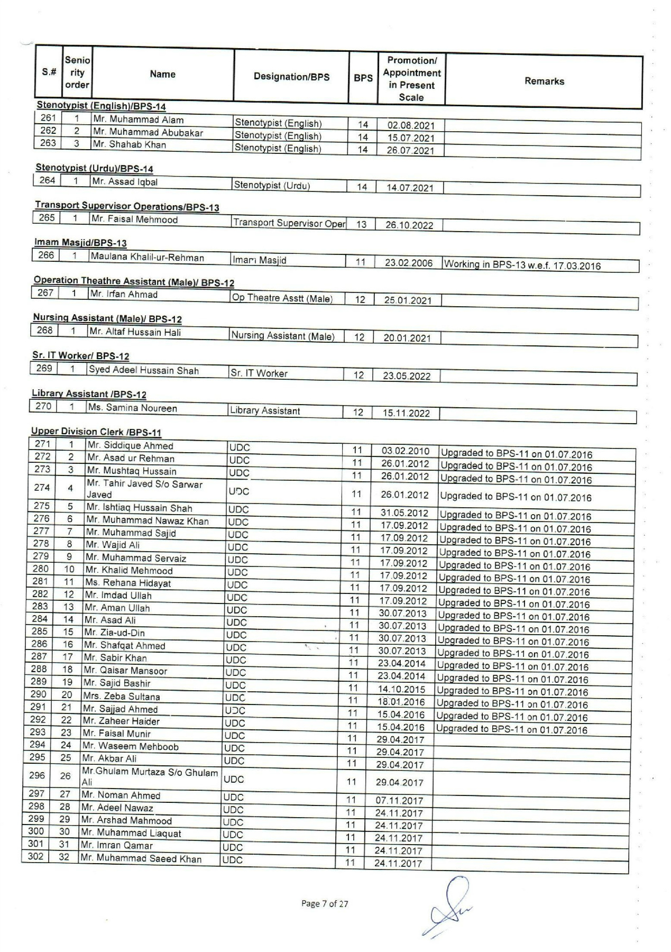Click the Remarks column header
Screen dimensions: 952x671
[x=544, y=81]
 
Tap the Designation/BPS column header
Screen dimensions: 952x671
[x=291, y=77]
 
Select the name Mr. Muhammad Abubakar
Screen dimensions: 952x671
[x=148, y=132]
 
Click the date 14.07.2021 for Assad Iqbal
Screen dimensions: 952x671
[x=410, y=188]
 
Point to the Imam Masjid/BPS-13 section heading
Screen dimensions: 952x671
[x=80, y=243]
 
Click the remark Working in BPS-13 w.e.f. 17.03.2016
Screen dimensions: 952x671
[x=522, y=266]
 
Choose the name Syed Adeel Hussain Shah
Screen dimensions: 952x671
[x=144, y=370]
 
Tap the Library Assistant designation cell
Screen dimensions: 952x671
[x=265, y=411]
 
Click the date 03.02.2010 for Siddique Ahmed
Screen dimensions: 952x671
[x=405, y=451]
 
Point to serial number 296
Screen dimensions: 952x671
[x=38, y=776]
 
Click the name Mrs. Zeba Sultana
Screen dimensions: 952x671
[x=122, y=696]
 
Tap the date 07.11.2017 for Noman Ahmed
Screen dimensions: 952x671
[x=399, y=801]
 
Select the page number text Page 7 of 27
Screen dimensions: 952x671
[x=325, y=903]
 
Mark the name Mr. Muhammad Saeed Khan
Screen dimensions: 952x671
[x=141, y=858]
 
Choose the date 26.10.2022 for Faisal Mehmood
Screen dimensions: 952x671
[x=409, y=225]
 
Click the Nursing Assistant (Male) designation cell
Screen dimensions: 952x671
[x=283, y=336]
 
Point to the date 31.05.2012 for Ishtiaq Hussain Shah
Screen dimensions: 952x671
[x=405, y=512]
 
